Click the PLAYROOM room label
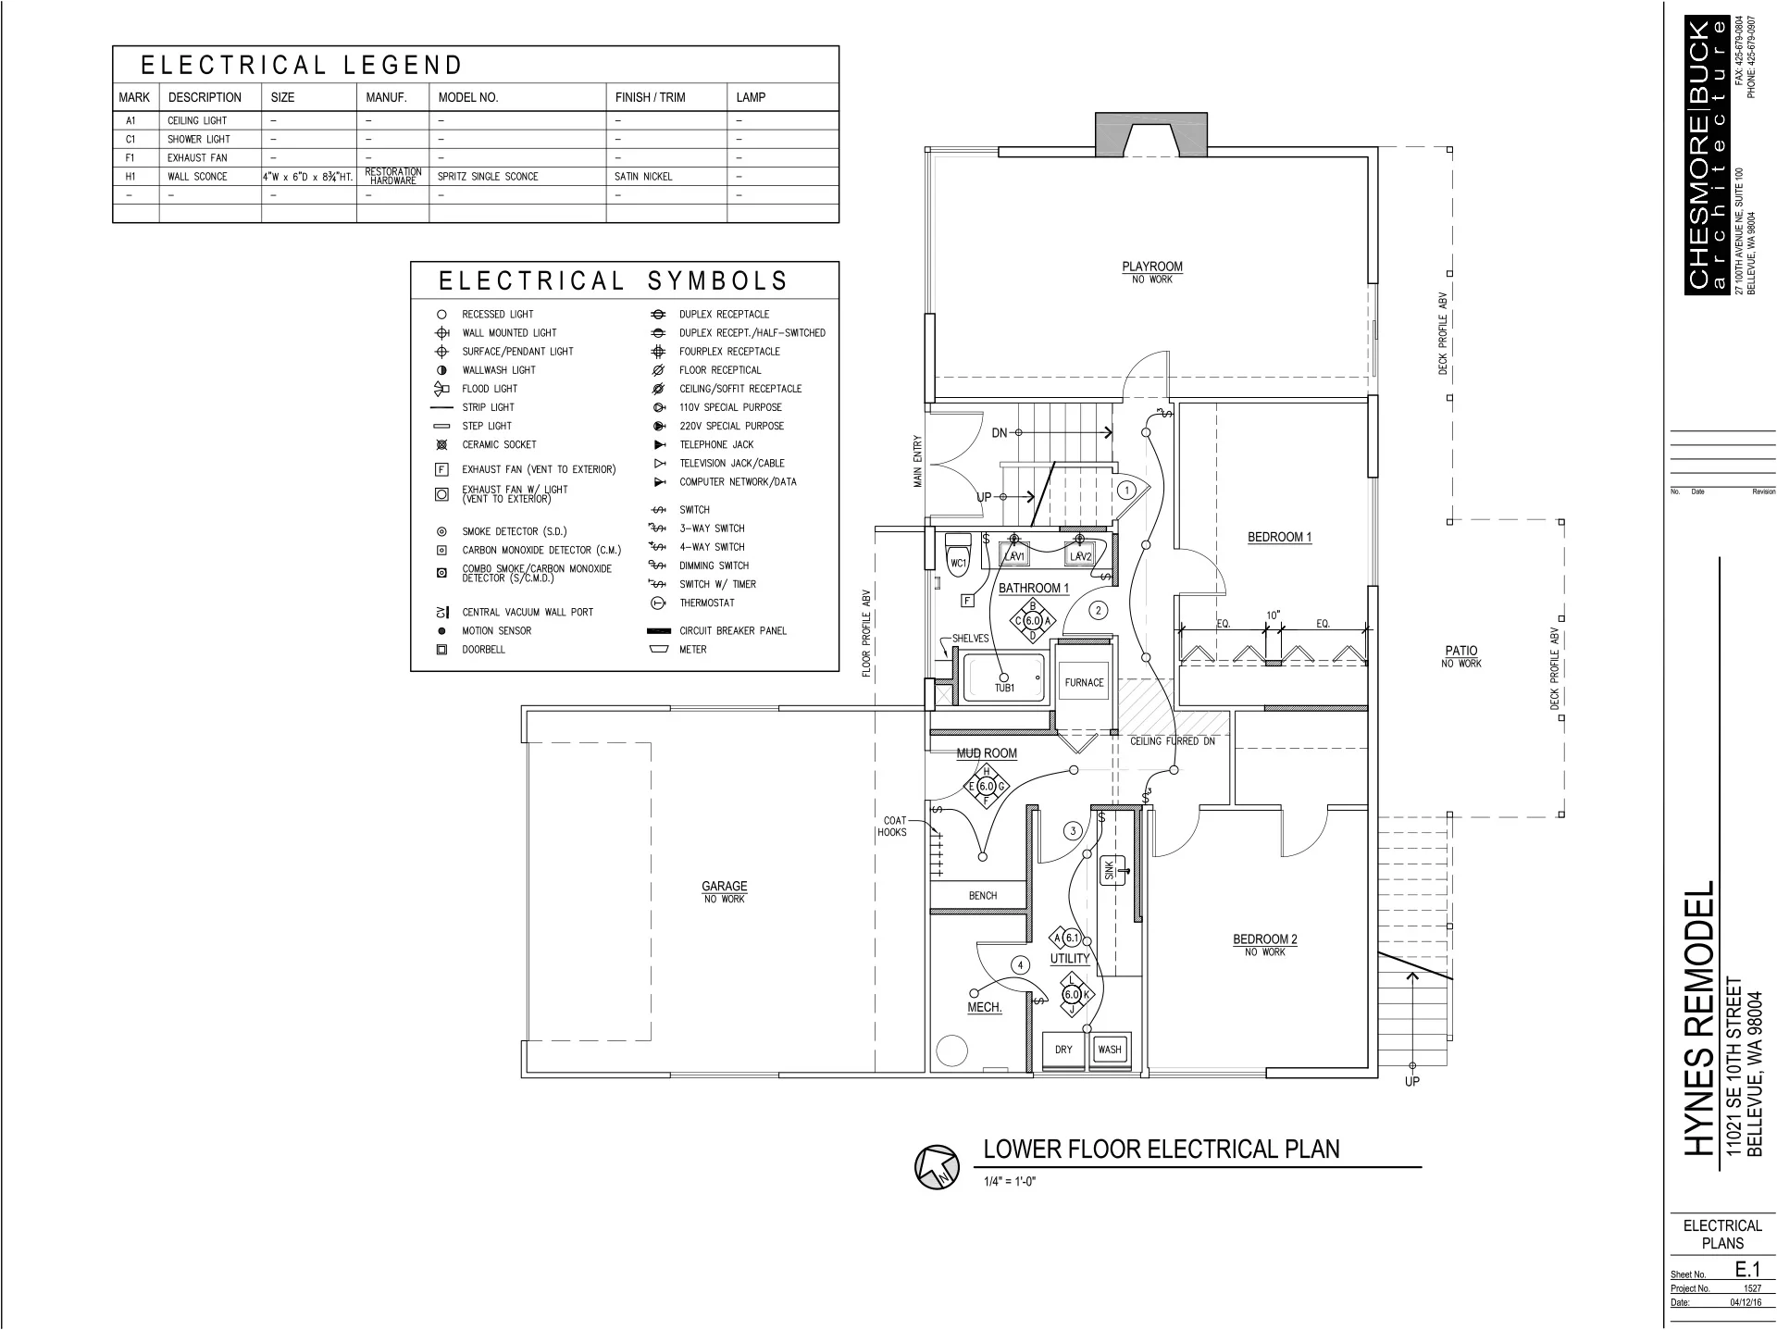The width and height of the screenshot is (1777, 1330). tap(1152, 267)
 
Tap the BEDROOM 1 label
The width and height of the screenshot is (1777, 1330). tap(1279, 537)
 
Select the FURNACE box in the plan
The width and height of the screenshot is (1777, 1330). tap(1084, 683)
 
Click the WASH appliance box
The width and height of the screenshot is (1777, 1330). tap(1109, 1050)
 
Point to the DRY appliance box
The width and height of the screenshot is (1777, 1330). tap(1063, 1050)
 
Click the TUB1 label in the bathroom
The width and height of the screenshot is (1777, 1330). tap(1004, 688)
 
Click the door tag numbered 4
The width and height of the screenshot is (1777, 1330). tap(1020, 965)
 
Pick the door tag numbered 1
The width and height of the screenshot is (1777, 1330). tap(1126, 491)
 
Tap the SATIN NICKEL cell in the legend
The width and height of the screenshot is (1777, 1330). tap(643, 177)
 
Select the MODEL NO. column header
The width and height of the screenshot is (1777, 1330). tap(468, 97)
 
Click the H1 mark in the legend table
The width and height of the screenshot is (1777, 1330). tap(130, 177)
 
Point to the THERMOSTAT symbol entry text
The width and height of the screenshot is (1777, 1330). tap(707, 603)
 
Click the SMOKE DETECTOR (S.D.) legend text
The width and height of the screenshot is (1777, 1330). tap(515, 532)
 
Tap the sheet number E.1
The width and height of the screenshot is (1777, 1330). tap(1747, 1270)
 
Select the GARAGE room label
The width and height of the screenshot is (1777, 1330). tap(724, 887)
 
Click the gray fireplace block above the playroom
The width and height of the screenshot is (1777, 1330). tap(1151, 133)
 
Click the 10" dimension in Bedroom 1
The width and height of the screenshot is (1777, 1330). tap(1274, 615)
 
